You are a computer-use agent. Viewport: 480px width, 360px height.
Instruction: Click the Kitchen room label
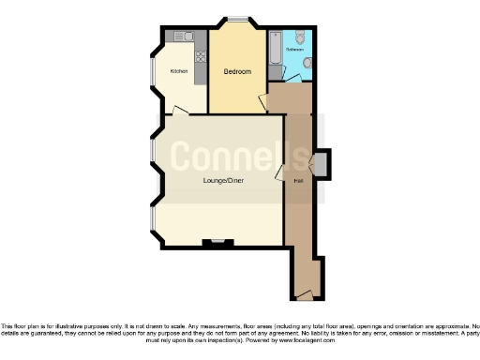point(178,71)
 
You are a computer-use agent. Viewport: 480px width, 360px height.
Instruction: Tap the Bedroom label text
point(237,71)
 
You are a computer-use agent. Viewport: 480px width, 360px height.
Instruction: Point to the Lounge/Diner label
point(223,180)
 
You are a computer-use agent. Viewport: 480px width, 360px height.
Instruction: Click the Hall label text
point(298,180)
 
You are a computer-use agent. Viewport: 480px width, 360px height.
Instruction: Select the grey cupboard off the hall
point(322,165)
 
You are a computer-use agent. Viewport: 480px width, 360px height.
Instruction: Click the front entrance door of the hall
point(304,296)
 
